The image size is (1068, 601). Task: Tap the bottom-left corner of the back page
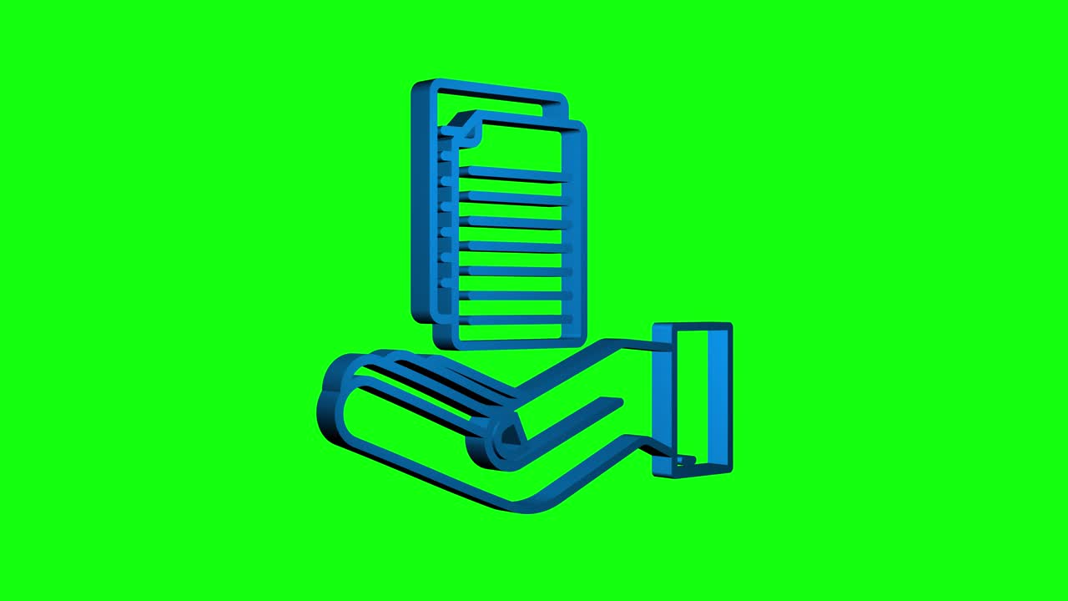(x=417, y=316)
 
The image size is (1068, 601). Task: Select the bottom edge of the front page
(x=509, y=343)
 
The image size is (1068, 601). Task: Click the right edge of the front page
(x=582, y=234)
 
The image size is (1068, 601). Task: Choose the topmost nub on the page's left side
(x=446, y=155)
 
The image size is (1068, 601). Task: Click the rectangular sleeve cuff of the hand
(x=693, y=401)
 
